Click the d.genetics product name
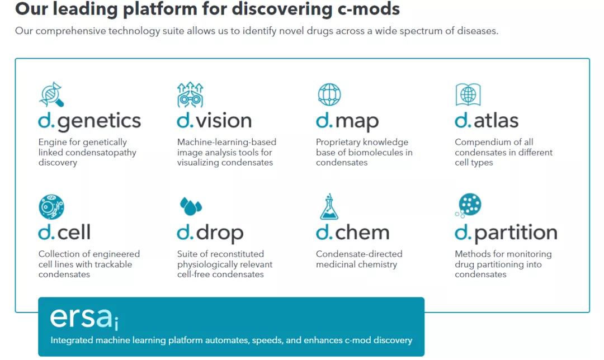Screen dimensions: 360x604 (89, 121)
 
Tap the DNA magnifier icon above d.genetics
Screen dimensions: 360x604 (51, 94)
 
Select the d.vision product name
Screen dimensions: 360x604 (214, 121)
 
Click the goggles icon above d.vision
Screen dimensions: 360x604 (190, 94)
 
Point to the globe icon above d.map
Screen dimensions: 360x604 (329, 94)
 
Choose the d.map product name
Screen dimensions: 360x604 (347, 121)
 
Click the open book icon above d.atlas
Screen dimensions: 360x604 (468, 94)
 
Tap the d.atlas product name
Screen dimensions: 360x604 (487, 121)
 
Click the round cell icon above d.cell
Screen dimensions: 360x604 (51, 206)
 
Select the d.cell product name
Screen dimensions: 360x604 (64, 233)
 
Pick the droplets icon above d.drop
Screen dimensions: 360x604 (191, 206)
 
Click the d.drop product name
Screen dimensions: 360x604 (210, 233)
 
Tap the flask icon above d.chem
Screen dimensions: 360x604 (329, 206)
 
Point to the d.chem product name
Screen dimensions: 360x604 (352, 233)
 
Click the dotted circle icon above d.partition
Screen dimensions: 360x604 (468, 206)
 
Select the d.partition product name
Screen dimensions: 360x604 (506, 233)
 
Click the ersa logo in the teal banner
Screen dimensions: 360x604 (84, 318)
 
